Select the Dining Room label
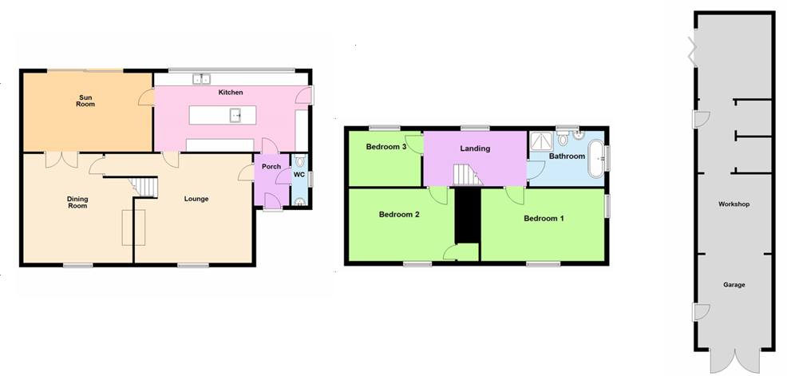[x=77, y=202]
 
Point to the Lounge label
[x=196, y=199]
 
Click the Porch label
[x=265, y=167]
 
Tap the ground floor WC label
[x=299, y=174]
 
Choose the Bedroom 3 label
[x=386, y=147]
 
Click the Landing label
[x=475, y=148]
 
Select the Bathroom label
[x=567, y=156]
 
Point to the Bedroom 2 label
[x=399, y=214]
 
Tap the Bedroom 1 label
[x=544, y=217]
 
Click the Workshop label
[x=734, y=204]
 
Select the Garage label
[x=734, y=284]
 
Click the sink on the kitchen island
[x=236, y=116]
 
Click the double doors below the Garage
[x=734, y=361]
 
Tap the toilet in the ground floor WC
[x=299, y=160]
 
